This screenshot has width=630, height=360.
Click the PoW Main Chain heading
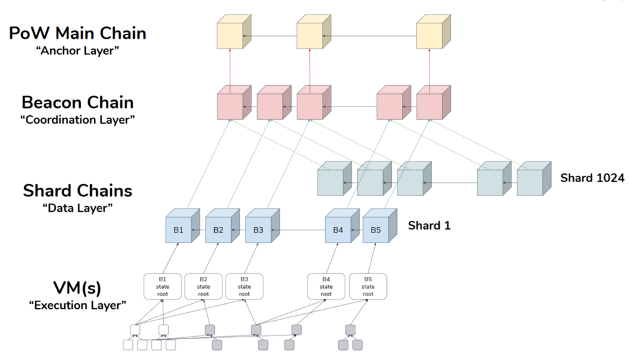click(77, 33)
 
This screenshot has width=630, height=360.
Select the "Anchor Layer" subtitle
click(78, 50)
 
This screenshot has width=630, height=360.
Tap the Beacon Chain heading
click(77, 102)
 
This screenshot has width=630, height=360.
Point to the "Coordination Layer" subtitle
click(78, 119)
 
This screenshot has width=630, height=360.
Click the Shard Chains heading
click(77, 190)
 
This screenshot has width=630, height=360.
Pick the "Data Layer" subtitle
click(78, 207)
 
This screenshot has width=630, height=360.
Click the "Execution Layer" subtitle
click(78, 305)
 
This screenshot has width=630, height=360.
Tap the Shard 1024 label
click(592, 178)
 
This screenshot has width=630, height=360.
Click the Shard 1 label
click(430, 225)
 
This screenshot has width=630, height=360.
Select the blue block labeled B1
click(179, 230)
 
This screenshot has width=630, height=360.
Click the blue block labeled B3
click(258, 230)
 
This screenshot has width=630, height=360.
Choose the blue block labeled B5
click(375, 230)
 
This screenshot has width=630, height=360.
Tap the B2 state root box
click(203, 286)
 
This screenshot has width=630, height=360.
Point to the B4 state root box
click(326, 286)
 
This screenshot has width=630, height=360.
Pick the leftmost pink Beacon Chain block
click(230, 106)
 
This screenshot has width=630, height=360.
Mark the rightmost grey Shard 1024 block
click(529, 182)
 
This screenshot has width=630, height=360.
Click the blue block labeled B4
click(338, 230)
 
